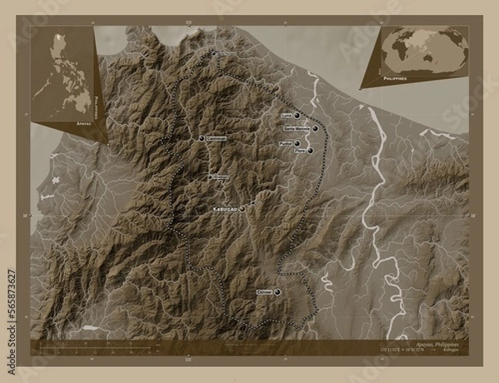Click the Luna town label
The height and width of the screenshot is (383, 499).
click(288, 117)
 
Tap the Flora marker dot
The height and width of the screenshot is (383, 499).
click(310, 152)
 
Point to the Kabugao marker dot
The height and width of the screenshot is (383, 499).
click(242, 209)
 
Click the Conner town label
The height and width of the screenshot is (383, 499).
click(264, 292)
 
